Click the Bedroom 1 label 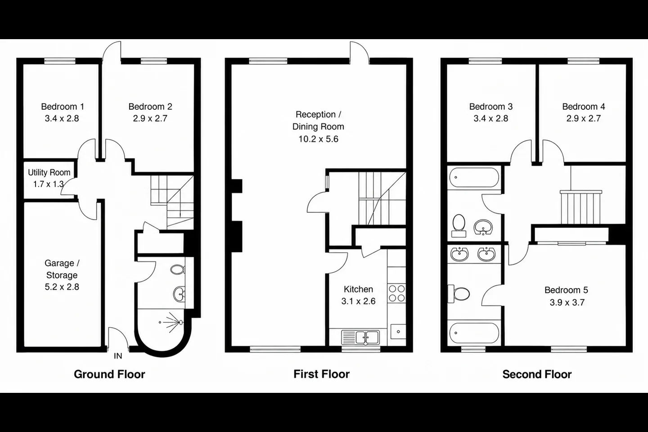(x=63, y=107)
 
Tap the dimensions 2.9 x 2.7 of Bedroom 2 (x=150, y=119)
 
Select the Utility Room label (x=49, y=172)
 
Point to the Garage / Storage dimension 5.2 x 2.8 (x=62, y=287)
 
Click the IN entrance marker (x=118, y=356)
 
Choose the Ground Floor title (x=109, y=374)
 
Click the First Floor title (x=321, y=374)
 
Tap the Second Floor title (x=537, y=374)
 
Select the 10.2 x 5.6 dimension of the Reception (x=318, y=139)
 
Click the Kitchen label (x=358, y=289)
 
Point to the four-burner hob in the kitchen (x=396, y=293)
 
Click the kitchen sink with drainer (x=360, y=337)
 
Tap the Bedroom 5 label (x=566, y=290)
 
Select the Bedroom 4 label (x=584, y=107)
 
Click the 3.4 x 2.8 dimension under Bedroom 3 (x=490, y=119)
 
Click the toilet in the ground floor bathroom (x=177, y=270)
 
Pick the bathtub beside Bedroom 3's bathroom (x=474, y=177)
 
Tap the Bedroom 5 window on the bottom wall (x=569, y=350)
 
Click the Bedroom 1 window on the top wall (x=60, y=61)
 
